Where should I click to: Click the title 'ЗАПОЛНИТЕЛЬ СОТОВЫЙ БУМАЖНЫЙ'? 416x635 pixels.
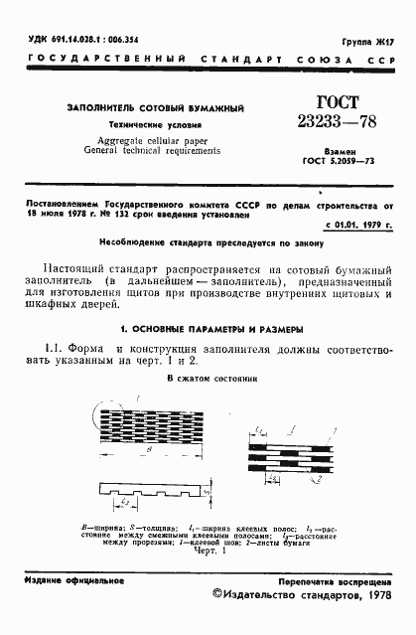coord(155,107)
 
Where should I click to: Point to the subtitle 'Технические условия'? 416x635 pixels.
coord(155,126)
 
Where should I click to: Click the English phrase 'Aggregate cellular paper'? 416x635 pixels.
coord(155,143)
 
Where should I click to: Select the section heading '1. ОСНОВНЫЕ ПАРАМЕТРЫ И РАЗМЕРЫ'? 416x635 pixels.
coord(208,328)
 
